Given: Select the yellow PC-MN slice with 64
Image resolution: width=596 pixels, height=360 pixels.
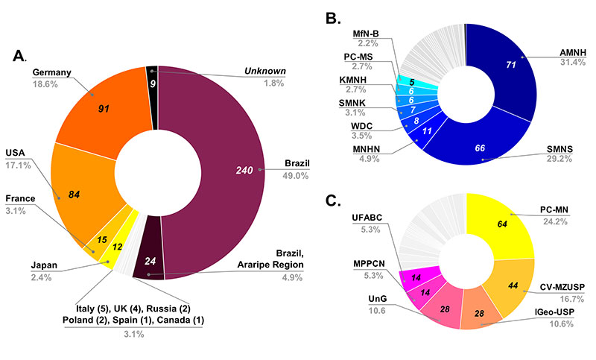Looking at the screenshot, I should point(503,223).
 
